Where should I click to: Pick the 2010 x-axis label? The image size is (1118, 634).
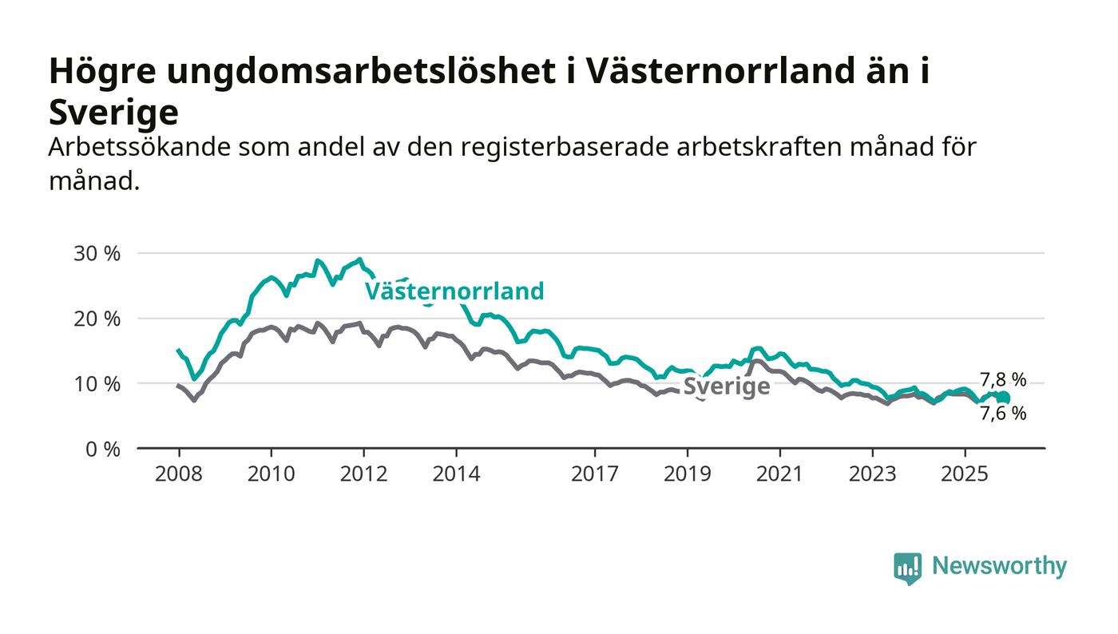tap(272, 474)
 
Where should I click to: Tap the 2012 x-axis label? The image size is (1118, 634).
tap(364, 474)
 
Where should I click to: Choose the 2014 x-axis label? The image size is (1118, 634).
tap(457, 474)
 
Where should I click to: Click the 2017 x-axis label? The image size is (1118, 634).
tap(595, 474)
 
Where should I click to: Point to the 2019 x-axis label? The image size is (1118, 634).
tap(688, 474)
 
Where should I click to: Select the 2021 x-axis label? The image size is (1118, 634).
tap(779, 474)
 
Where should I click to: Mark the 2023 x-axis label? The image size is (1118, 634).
tap(872, 474)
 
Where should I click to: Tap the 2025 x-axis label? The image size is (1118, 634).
tap(965, 474)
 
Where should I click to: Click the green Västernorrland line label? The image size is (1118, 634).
tap(454, 291)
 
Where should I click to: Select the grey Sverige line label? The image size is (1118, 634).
tap(727, 387)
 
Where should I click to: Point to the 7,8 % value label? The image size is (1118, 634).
tap(1003, 380)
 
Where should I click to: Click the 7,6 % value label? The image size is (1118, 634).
tap(1003, 414)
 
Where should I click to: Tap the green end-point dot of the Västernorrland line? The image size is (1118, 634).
tap(1004, 398)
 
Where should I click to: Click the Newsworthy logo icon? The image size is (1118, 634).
tap(907, 568)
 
